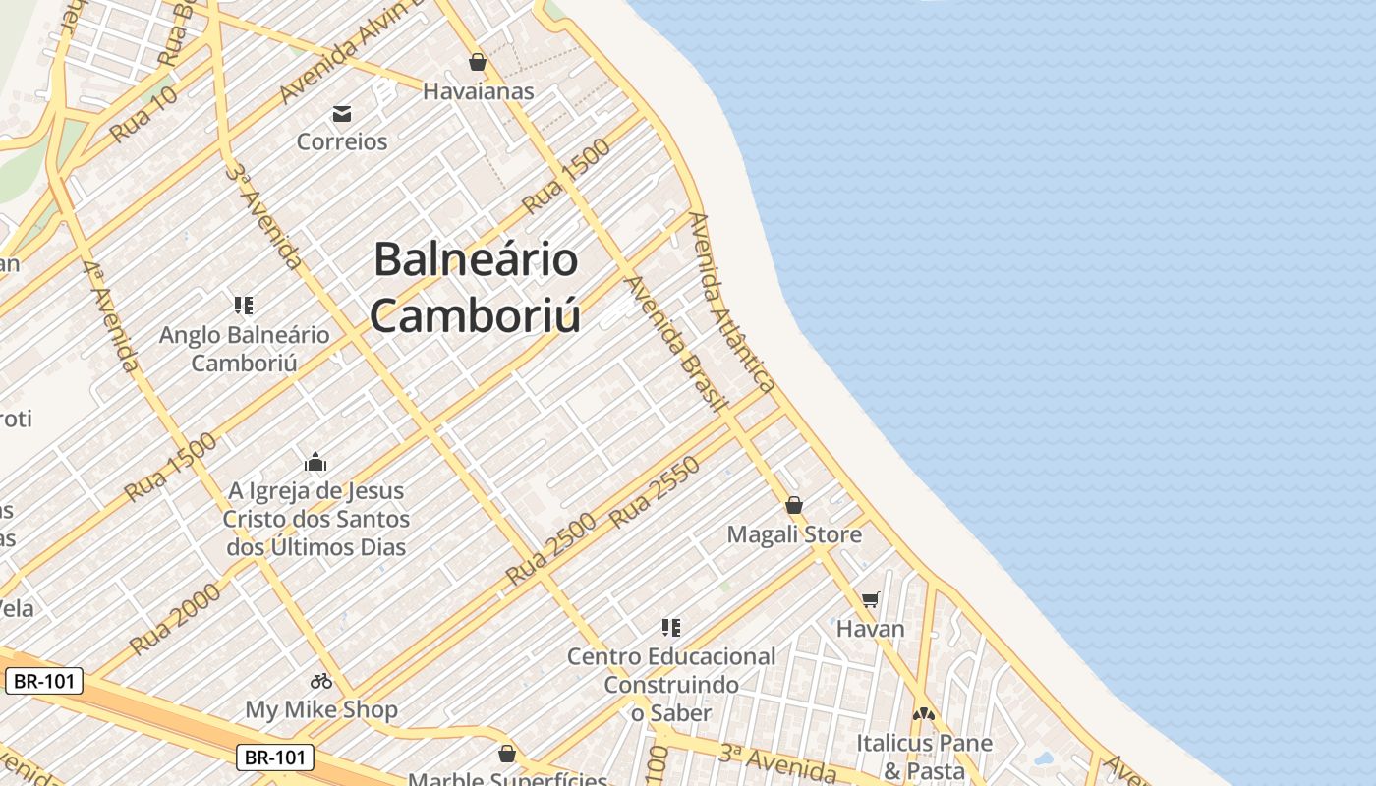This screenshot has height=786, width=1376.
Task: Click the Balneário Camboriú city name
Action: coord(476,288)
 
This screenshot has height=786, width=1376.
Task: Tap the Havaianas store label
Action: coord(478,91)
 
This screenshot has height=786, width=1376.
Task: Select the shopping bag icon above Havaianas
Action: coord(478,62)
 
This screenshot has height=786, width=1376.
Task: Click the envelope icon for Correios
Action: coord(342,114)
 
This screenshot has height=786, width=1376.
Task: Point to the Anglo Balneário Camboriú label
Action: coord(245,348)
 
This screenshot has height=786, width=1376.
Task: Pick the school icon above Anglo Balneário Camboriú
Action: coord(244,306)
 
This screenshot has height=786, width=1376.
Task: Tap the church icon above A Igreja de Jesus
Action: coord(315,462)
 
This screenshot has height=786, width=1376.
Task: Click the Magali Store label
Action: coord(794,534)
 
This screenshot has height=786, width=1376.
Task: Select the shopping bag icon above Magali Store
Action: coord(794,505)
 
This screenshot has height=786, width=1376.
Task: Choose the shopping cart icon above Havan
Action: coord(870,599)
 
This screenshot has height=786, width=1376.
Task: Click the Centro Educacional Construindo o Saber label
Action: coord(671,684)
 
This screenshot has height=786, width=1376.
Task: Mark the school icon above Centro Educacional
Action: coord(671,627)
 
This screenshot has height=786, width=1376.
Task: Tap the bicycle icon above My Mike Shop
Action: coord(321,680)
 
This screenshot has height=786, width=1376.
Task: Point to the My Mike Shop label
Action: coord(321,709)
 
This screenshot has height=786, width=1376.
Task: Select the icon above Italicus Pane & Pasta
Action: coord(923,714)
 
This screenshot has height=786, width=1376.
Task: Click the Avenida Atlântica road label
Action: coord(732,302)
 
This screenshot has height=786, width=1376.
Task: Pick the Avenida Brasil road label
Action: coord(676,344)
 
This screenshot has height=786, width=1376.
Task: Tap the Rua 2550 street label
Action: coord(656,492)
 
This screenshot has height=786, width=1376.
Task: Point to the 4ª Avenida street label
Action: coord(110,316)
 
